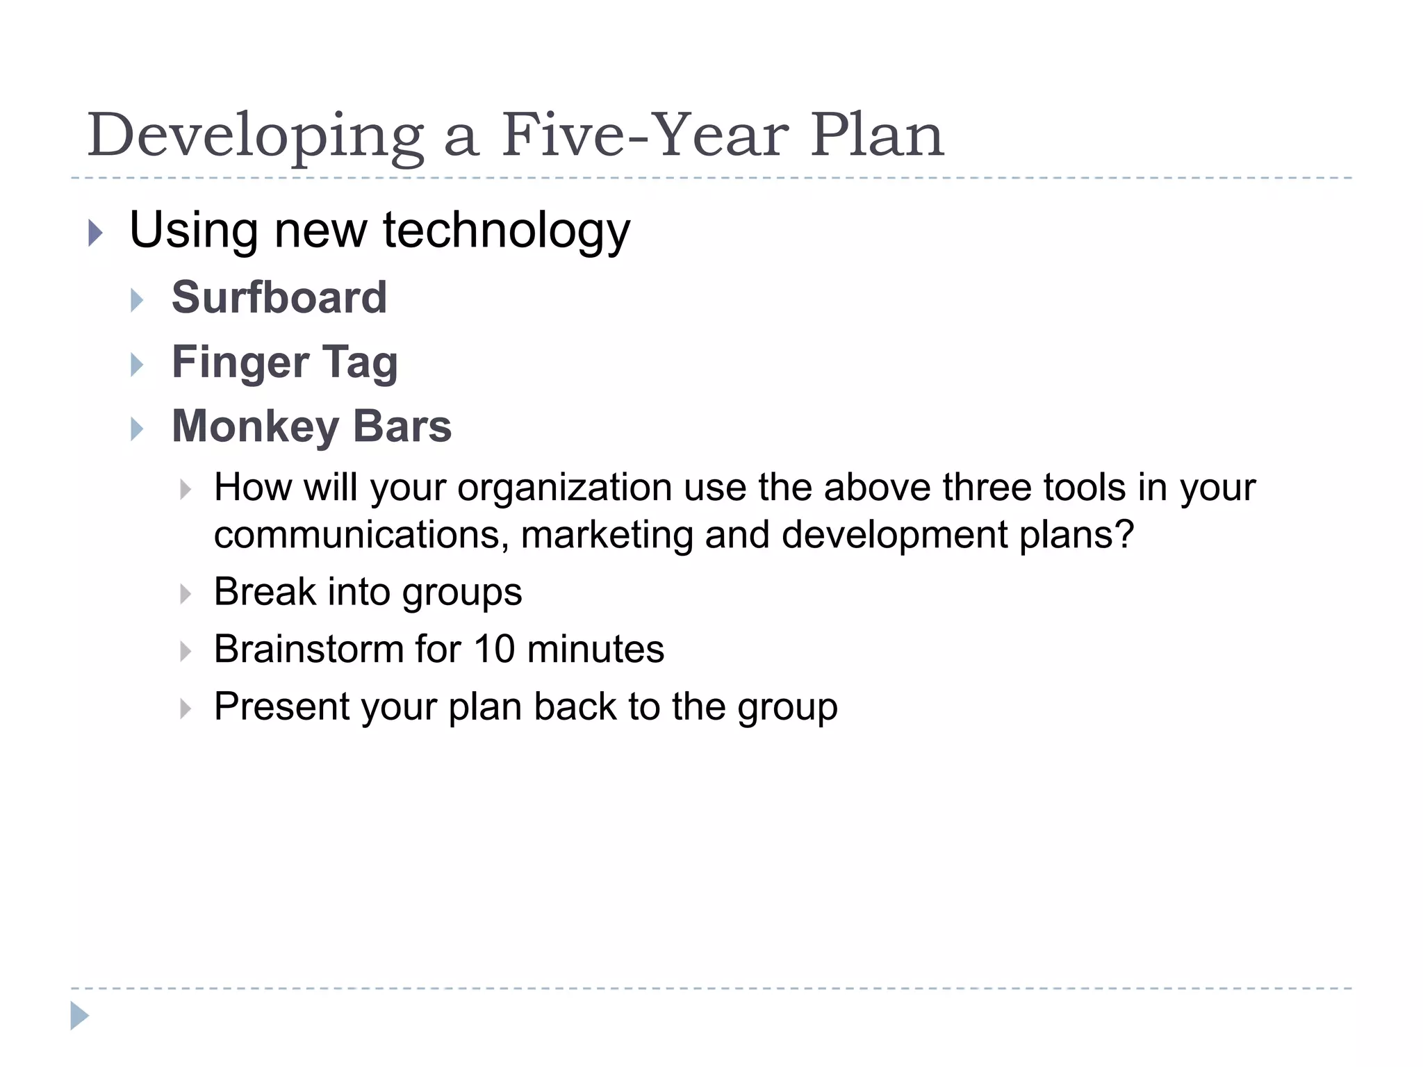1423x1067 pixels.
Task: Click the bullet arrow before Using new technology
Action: (x=96, y=233)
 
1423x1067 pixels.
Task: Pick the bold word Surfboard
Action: (x=279, y=297)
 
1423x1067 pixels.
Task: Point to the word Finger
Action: (x=240, y=363)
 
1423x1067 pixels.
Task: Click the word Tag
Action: (x=359, y=363)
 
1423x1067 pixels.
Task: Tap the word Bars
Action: (x=402, y=426)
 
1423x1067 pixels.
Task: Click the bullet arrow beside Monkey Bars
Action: (x=137, y=429)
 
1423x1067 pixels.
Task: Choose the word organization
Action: (x=564, y=488)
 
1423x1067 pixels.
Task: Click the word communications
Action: (x=361, y=535)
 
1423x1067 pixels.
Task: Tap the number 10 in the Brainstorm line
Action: (x=493, y=650)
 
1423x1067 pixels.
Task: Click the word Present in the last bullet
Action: (x=281, y=707)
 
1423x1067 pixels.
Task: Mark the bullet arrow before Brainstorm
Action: (x=185, y=652)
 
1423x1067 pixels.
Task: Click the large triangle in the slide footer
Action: (x=79, y=1016)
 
